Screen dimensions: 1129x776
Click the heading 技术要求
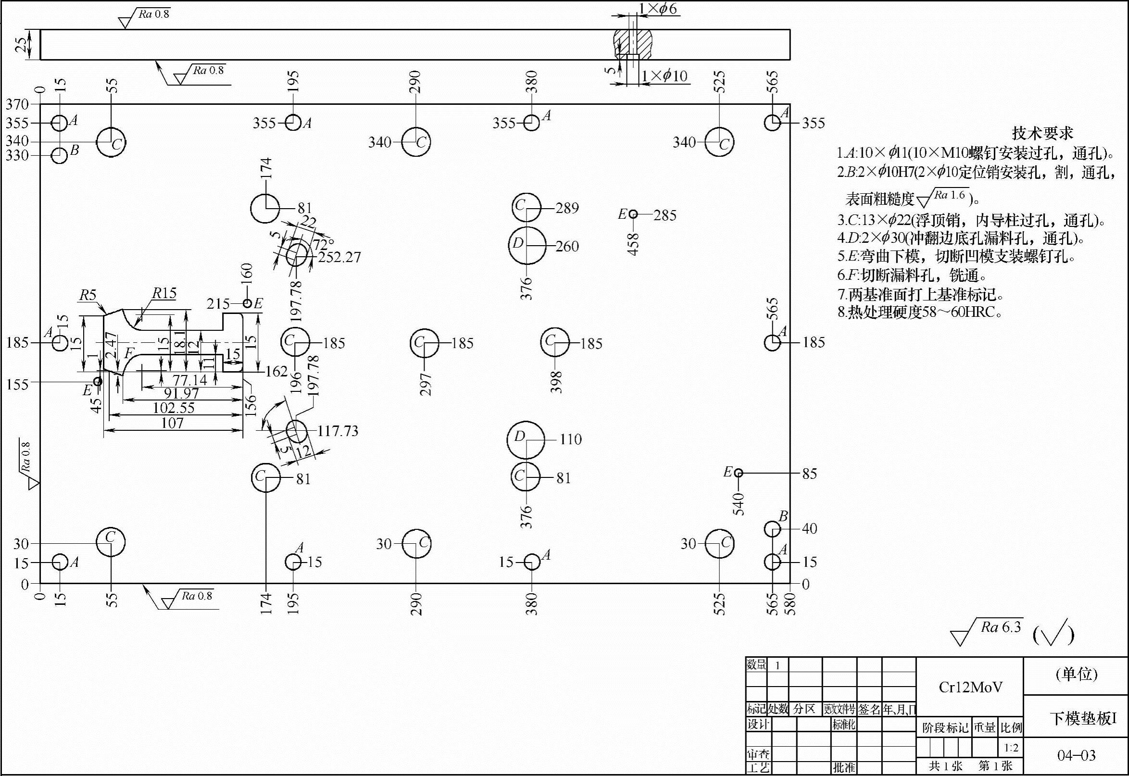click(1042, 133)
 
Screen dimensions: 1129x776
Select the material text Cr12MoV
click(970, 687)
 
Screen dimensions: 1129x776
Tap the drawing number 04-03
click(1077, 755)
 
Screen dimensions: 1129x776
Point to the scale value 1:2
click(1011, 747)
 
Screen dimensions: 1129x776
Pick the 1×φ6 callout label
click(657, 9)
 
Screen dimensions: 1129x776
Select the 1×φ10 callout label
click(664, 76)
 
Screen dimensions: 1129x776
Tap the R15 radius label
click(164, 294)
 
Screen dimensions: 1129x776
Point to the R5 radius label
click(88, 295)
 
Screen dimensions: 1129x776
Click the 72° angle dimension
click(324, 244)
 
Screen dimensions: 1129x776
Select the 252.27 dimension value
click(339, 257)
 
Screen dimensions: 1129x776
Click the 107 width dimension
click(172, 424)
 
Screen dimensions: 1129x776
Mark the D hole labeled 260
click(527, 246)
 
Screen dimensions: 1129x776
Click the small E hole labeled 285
click(633, 214)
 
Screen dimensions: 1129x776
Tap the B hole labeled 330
click(59, 156)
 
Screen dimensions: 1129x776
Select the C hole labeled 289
click(527, 207)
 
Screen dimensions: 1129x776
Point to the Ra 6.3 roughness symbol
click(987, 631)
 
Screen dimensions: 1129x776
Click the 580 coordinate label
click(790, 604)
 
